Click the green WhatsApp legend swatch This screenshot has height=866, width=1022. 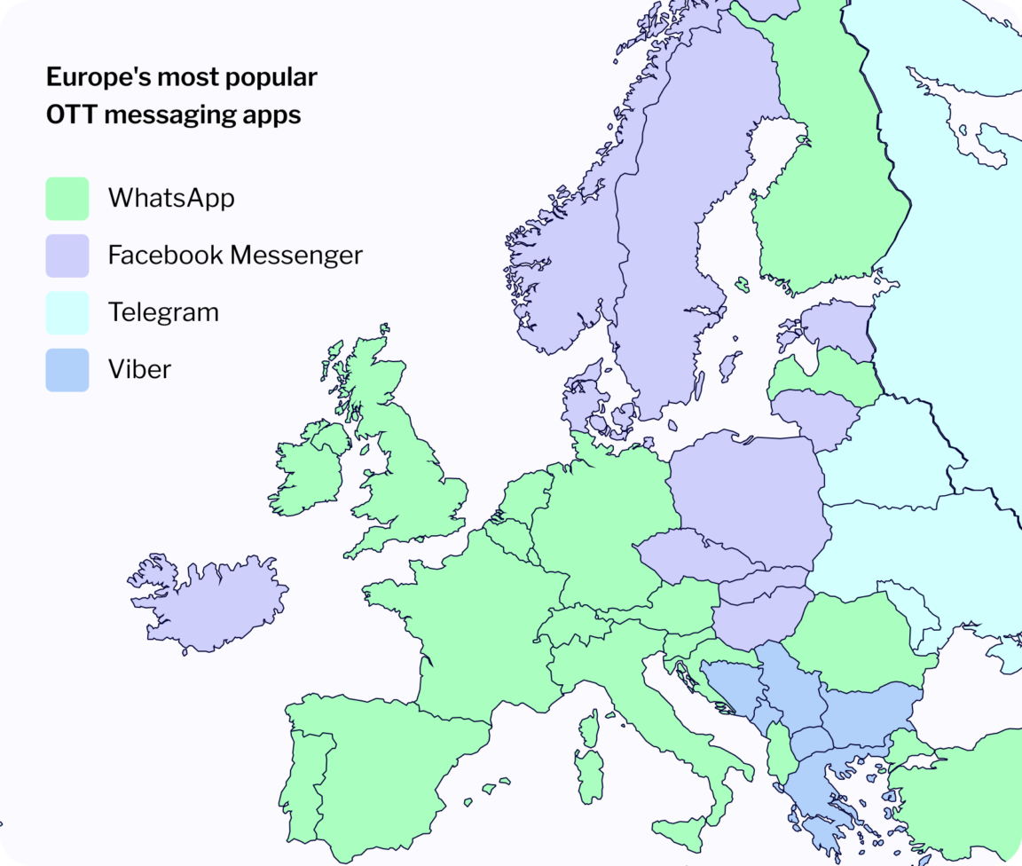(x=67, y=198)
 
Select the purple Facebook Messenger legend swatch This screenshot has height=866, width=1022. (x=67, y=256)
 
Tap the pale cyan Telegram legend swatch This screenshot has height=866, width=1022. (x=67, y=312)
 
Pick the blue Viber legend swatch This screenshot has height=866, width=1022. (x=67, y=369)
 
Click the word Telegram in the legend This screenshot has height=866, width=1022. (x=163, y=312)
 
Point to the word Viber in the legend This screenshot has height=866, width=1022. (x=139, y=369)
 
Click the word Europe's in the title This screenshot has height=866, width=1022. (x=98, y=77)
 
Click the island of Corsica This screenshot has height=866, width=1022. (x=589, y=726)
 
